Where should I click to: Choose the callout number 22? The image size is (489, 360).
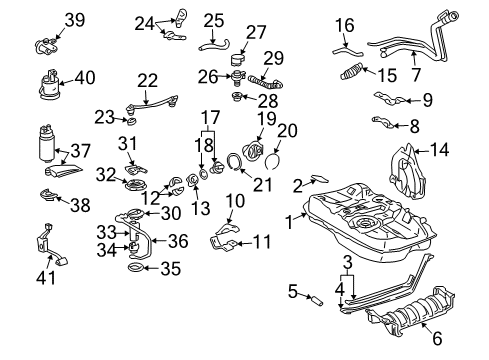(x=148, y=81)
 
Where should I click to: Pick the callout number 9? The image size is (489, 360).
(x=426, y=100)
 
